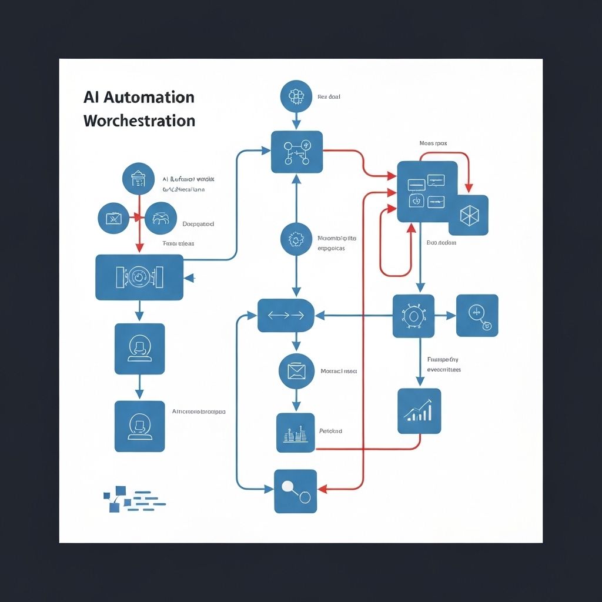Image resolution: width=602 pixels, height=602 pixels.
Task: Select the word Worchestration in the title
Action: coord(139,121)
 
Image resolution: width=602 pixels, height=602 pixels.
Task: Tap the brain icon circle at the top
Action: coord(296,96)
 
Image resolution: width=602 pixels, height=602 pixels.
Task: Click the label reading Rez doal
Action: coord(329,96)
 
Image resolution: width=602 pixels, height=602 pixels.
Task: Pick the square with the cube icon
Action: coord(469,215)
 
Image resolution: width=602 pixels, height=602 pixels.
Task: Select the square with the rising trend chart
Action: coord(419,411)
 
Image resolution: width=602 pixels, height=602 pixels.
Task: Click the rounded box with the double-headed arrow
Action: coord(286,315)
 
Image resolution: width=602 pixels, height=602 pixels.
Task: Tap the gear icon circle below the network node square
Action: coord(296,239)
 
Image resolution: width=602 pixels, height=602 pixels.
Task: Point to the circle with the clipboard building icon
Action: coord(138,179)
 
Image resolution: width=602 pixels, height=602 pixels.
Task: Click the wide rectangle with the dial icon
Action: coord(139,277)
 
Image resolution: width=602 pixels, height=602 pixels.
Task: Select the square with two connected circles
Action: coord(295,490)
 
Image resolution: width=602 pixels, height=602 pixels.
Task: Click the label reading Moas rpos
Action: coord(433,143)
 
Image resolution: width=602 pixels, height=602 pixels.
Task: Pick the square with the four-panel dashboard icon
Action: coord(427,192)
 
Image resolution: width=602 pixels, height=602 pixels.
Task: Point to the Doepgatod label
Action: coord(198,224)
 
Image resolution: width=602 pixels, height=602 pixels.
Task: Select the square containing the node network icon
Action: coord(297,152)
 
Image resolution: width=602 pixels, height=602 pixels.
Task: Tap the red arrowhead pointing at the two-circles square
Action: coord(322,489)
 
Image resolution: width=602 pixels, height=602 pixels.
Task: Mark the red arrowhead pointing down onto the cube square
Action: coord(469,189)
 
